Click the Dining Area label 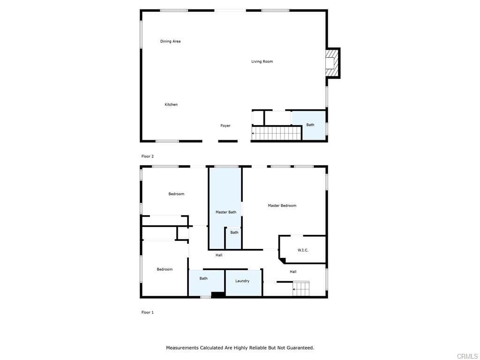170,41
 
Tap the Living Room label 262,61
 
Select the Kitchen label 171,105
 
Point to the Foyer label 225,126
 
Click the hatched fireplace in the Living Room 332,63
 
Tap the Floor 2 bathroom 309,125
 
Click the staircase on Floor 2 277,134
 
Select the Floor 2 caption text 148,157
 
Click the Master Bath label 226,212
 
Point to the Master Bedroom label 282,206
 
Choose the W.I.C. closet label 303,250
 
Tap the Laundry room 243,283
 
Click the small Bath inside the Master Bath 233,238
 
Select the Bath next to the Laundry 206,283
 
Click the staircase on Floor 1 300,289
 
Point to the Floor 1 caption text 148,313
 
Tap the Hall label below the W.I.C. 293,272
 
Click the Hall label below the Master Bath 219,255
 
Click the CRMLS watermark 467,356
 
